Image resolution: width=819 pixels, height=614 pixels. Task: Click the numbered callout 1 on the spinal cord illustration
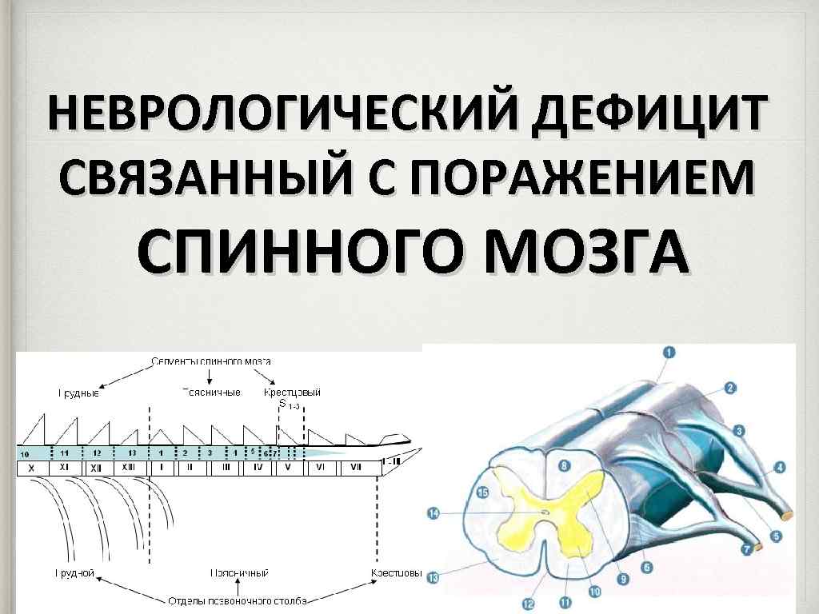coord(669,352)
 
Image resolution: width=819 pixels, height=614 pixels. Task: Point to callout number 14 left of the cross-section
coord(433,513)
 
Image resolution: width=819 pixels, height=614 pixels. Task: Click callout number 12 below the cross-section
coord(527,604)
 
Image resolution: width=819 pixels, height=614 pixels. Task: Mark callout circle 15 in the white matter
coord(482,492)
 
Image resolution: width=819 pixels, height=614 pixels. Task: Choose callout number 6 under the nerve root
coord(646,567)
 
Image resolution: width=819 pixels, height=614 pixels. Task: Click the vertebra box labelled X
coord(31,467)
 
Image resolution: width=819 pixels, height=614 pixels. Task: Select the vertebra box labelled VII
coord(356,467)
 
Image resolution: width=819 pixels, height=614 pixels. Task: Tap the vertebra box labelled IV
coord(258,467)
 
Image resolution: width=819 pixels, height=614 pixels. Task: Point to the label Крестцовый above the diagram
coord(292,393)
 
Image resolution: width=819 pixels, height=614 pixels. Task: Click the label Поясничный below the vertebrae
coord(239,573)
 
